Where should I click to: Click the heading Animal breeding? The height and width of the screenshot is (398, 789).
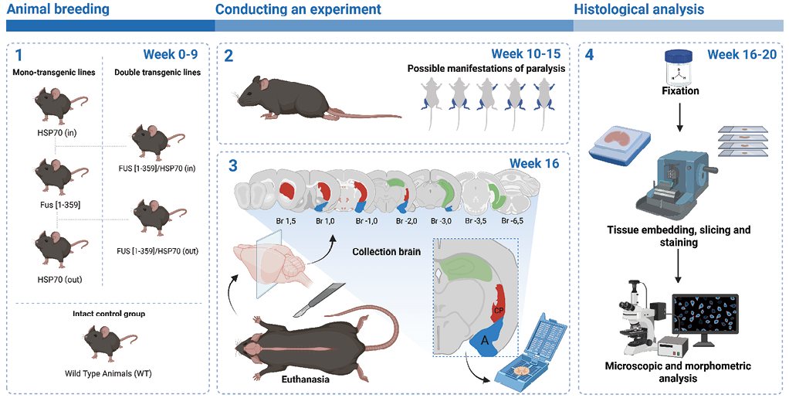tap(58, 9)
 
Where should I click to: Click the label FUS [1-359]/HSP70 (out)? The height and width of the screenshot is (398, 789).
tap(157, 251)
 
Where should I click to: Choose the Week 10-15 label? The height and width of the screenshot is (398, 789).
tap(526, 54)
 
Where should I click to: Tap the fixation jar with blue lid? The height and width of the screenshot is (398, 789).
tap(680, 66)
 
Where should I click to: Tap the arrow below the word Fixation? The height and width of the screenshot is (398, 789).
tap(679, 117)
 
